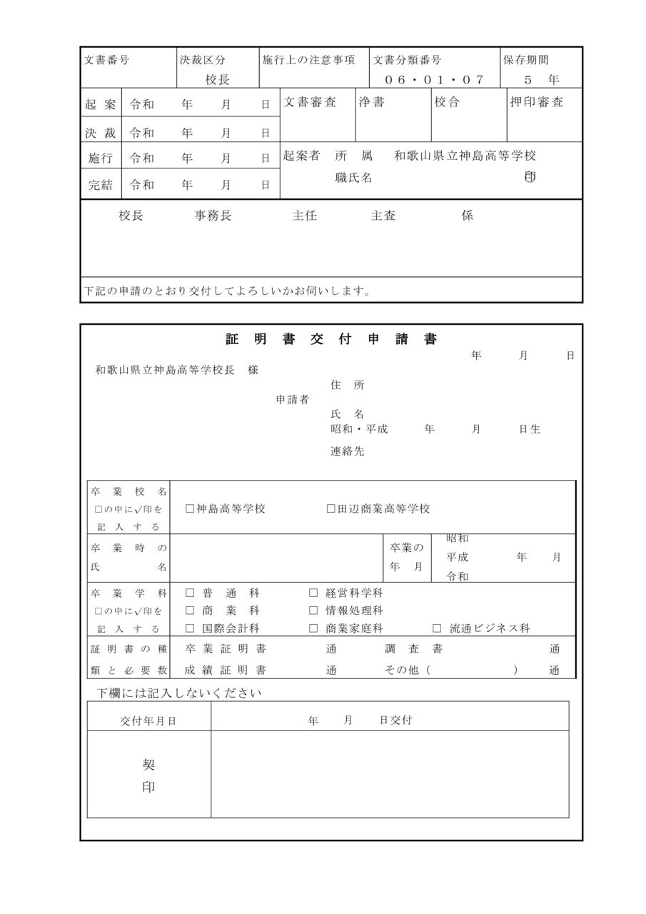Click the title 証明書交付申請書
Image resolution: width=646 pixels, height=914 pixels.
pyautogui.click(x=331, y=340)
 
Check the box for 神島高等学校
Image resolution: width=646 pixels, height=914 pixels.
pyautogui.click(x=190, y=509)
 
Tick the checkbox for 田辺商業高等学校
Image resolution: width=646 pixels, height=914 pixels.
pyautogui.click(x=331, y=509)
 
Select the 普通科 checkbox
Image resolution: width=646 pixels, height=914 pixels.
pyautogui.click(x=190, y=593)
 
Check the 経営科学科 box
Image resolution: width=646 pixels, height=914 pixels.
pyautogui.click(x=313, y=593)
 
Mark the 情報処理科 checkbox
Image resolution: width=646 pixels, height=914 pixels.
pyautogui.click(x=313, y=611)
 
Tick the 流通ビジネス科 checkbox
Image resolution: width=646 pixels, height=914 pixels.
pyautogui.click(x=437, y=629)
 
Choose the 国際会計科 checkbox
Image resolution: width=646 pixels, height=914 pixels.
pyautogui.click(x=190, y=629)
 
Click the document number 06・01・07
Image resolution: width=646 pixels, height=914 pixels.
pyautogui.click(x=434, y=79)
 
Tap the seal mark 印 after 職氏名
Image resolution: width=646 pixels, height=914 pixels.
pyautogui.click(x=529, y=177)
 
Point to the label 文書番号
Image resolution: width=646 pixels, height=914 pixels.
pyautogui.click(x=107, y=61)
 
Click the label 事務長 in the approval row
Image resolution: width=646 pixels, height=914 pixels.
pyautogui.click(x=213, y=216)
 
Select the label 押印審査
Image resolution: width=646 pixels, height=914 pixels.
pyautogui.click(x=537, y=102)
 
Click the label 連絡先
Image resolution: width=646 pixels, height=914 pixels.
pyautogui.click(x=347, y=451)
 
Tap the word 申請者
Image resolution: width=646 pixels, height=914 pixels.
pyautogui.click(x=293, y=400)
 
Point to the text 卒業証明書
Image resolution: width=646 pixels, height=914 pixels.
pyautogui.click(x=226, y=649)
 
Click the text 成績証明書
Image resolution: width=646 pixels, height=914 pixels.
pyautogui.click(x=226, y=671)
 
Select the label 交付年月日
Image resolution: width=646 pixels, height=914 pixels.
pyautogui.click(x=148, y=721)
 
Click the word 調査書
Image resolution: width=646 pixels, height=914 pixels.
pyautogui.click(x=414, y=649)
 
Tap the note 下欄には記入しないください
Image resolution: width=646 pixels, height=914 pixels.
pyautogui.click(x=180, y=693)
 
